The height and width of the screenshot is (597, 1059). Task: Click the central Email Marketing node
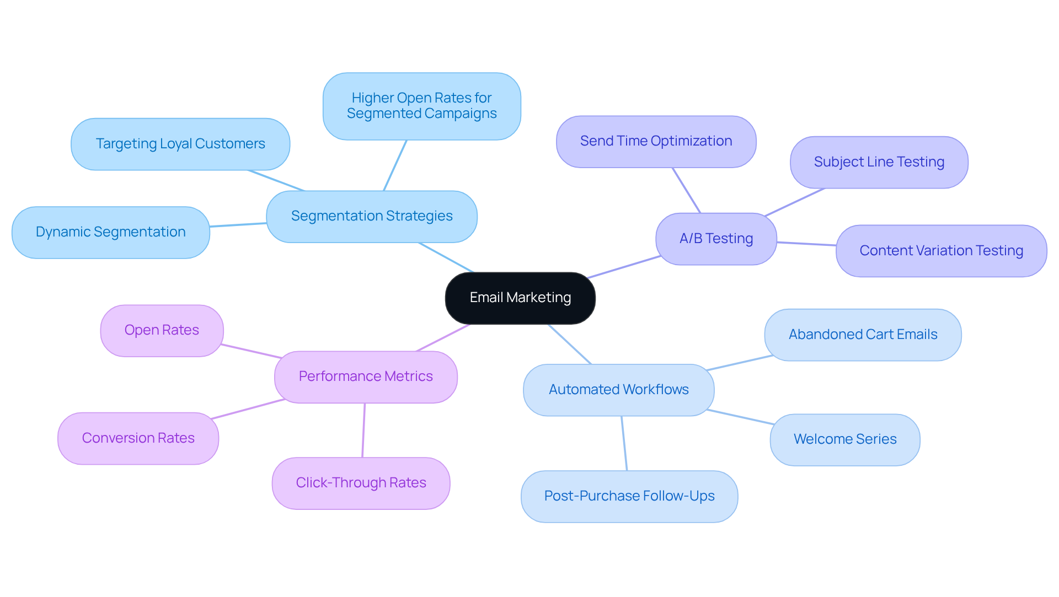click(x=520, y=298)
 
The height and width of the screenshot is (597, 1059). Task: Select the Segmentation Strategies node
click(x=371, y=216)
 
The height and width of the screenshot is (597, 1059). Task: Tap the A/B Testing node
click(x=716, y=239)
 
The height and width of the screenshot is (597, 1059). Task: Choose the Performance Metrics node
click(x=366, y=377)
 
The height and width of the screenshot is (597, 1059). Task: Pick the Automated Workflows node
click(x=618, y=390)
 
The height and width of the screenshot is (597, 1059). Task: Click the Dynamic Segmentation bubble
click(x=110, y=232)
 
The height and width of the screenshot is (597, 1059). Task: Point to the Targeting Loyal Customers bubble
click(x=180, y=144)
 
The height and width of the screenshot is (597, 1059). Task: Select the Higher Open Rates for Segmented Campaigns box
click(x=421, y=106)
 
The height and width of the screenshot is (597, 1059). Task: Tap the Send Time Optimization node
click(x=656, y=141)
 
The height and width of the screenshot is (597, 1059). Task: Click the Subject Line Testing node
click(x=879, y=162)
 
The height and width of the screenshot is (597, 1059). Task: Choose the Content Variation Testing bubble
click(x=941, y=251)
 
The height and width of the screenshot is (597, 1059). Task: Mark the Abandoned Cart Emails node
click(x=863, y=335)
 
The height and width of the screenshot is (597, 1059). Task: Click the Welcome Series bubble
click(x=844, y=439)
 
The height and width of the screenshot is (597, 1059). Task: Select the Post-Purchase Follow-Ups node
click(x=629, y=496)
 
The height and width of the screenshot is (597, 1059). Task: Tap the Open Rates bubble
click(x=162, y=330)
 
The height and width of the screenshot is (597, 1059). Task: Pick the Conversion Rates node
click(x=138, y=438)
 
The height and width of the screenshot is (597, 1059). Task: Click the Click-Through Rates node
click(x=361, y=483)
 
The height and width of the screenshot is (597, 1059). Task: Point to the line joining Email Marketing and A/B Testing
click(x=624, y=267)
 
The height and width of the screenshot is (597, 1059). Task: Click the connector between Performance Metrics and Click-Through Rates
click(x=363, y=430)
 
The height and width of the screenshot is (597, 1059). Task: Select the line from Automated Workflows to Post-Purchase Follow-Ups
click(x=624, y=443)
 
